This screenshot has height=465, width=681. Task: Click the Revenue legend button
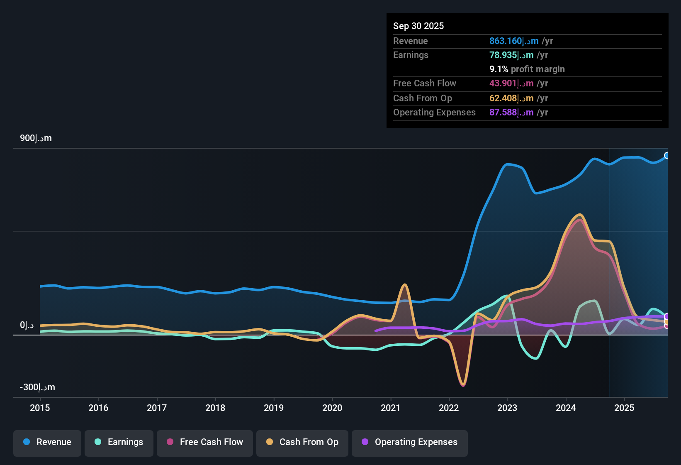pyautogui.click(x=47, y=442)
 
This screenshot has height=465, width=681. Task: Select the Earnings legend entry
pyautogui.click(x=119, y=442)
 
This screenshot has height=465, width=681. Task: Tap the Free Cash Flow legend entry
pyautogui.click(x=205, y=442)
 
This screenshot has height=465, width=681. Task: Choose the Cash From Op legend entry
pyautogui.click(x=302, y=442)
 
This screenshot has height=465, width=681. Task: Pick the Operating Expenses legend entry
pyautogui.click(x=410, y=442)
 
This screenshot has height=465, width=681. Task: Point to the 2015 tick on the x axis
pyautogui.click(x=40, y=408)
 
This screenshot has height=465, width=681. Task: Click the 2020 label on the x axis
pyautogui.click(x=332, y=408)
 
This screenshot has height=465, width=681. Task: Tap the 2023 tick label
pyautogui.click(x=507, y=408)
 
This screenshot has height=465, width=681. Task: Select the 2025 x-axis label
pyautogui.click(x=624, y=408)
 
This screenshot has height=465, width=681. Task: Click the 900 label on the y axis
pyautogui.click(x=36, y=138)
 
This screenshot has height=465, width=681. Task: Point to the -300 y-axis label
pyautogui.click(x=37, y=387)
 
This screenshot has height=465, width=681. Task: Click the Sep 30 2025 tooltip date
pyautogui.click(x=418, y=26)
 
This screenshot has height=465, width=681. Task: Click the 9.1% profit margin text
pyautogui.click(x=527, y=69)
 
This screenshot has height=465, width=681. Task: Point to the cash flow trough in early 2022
pyautogui.click(x=463, y=385)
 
